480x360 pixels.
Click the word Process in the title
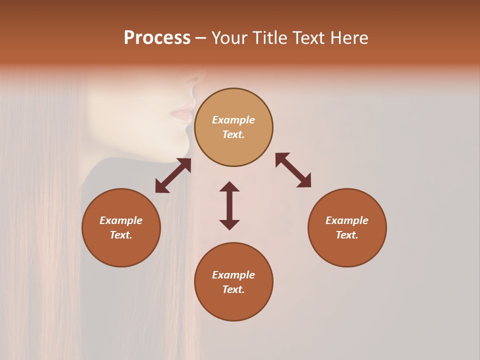157,38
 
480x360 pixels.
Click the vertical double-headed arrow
229,205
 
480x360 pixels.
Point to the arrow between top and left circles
173,175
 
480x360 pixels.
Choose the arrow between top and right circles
293,170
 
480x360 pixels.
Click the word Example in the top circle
233,120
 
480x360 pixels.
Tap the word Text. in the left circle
121,235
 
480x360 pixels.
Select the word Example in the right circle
347,220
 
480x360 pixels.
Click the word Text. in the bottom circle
233,289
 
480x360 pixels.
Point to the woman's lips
185,110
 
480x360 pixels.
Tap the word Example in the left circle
121,220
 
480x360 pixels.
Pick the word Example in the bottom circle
233,275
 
